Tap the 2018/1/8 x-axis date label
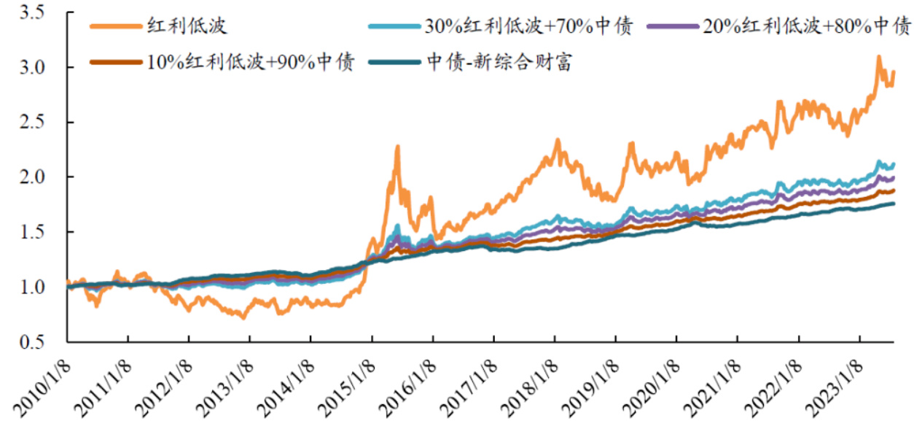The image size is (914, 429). point(533,383)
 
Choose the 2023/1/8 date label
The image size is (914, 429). point(837,383)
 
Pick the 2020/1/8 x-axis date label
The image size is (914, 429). point(655,383)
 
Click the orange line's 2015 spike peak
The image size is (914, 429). point(398,147)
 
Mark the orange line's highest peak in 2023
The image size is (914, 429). point(879,56)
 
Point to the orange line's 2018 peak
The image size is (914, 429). point(558,140)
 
